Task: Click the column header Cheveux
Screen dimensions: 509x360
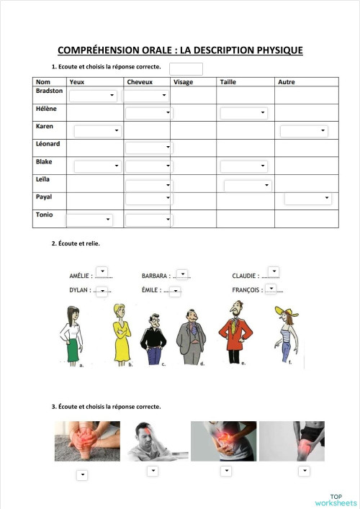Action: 140,82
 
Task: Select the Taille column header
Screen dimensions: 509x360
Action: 228,82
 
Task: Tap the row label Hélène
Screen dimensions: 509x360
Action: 46,109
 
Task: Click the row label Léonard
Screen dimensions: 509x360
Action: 48,144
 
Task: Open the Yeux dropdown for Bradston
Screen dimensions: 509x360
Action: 94,95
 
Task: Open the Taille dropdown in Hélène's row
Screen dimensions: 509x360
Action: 243,113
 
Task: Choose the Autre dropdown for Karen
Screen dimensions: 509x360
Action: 303,131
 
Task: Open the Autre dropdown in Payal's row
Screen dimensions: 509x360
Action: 307,198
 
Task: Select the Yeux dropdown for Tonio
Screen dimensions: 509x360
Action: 89,220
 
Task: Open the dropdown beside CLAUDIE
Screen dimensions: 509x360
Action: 274,271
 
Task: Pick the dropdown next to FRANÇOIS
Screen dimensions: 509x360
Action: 271,289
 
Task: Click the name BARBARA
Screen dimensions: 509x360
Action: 155,276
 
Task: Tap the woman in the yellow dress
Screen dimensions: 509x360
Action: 121,335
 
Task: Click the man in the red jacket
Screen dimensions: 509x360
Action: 234,331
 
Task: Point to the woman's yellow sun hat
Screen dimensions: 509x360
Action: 283,311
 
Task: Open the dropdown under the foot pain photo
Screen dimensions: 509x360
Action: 81,474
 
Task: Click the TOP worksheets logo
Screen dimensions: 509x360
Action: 335,499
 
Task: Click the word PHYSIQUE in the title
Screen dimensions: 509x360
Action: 273,50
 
